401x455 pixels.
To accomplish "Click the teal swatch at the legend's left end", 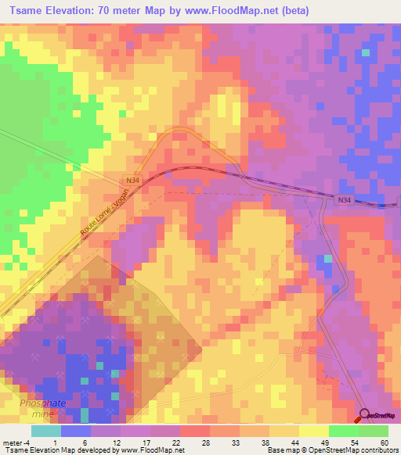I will (x=45, y=431).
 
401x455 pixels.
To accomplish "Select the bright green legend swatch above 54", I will (x=343, y=431).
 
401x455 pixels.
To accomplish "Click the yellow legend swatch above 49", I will (x=313, y=431).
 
